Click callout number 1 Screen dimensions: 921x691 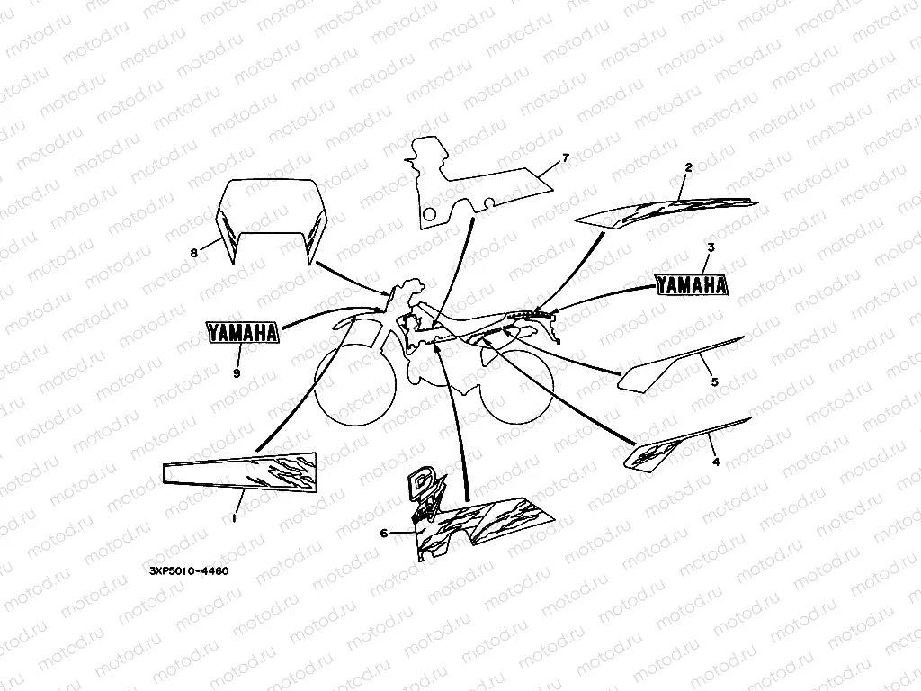point(235,518)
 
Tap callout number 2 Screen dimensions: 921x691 point(688,167)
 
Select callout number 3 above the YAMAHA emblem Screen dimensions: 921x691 point(711,247)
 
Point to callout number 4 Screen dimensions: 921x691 point(715,462)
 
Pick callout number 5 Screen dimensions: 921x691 point(715,381)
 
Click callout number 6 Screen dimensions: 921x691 point(384,533)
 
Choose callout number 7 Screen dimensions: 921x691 point(565,157)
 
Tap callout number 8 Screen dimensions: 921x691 point(194,253)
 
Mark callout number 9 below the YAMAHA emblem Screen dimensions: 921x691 point(237,373)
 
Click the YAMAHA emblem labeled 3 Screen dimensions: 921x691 point(692,285)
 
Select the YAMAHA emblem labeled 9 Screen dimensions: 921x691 point(241,332)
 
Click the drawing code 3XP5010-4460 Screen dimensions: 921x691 point(185,570)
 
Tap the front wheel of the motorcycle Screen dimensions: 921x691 point(354,386)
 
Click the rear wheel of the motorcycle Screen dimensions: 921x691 point(516,385)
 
